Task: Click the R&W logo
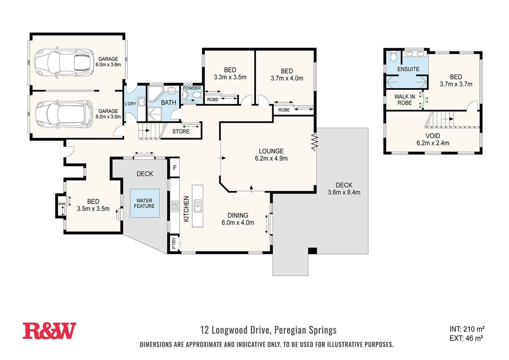[x=49, y=331]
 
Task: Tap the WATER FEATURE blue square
[x=144, y=203]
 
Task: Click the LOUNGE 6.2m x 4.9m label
[x=271, y=155]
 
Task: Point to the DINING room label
[x=238, y=219]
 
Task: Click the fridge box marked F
[x=175, y=168]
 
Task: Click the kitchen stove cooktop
[x=175, y=207]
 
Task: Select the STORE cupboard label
[x=181, y=132]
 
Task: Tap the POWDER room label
[x=192, y=88]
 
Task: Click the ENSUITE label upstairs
[x=408, y=69]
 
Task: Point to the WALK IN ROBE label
[x=404, y=100]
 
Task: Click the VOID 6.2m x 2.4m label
[x=433, y=139]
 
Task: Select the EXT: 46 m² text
[x=466, y=338]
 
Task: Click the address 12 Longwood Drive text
[x=268, y=330]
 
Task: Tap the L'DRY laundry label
[x=130, y=104]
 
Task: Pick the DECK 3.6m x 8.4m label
[x=344, y=189]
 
